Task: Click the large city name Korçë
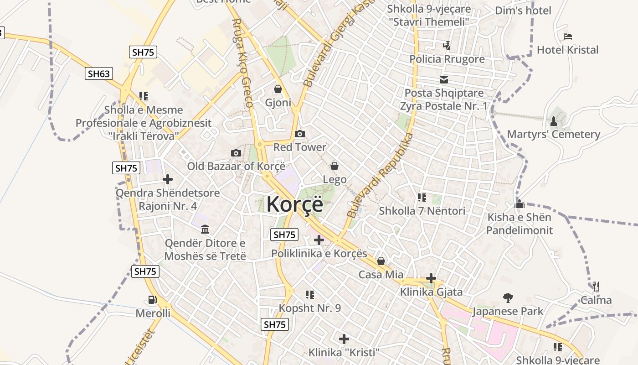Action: pos(295,204)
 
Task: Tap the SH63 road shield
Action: pos(99,73)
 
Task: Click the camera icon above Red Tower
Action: pos(300,134)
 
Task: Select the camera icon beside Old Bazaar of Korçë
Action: pos(236,153)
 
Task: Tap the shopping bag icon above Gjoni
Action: pos(278,89)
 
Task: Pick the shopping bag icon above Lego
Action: pos(334,166)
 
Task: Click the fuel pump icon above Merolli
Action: pos(152,300)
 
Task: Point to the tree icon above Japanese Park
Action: pos(508,298)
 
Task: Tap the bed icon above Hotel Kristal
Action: pos(567,36)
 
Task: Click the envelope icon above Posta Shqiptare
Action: pos(444,80)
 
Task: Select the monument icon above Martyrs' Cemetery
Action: pos(554,121)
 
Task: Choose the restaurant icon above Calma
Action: pos(596,287)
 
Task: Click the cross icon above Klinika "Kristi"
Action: pos(344,339)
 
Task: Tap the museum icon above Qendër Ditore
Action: pos(205,229)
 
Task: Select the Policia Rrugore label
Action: pos(447,59)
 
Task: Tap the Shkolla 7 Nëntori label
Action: pos(422,211)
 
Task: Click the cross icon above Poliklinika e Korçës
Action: pos(319,240)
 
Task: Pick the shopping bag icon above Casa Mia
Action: pos(381,261)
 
